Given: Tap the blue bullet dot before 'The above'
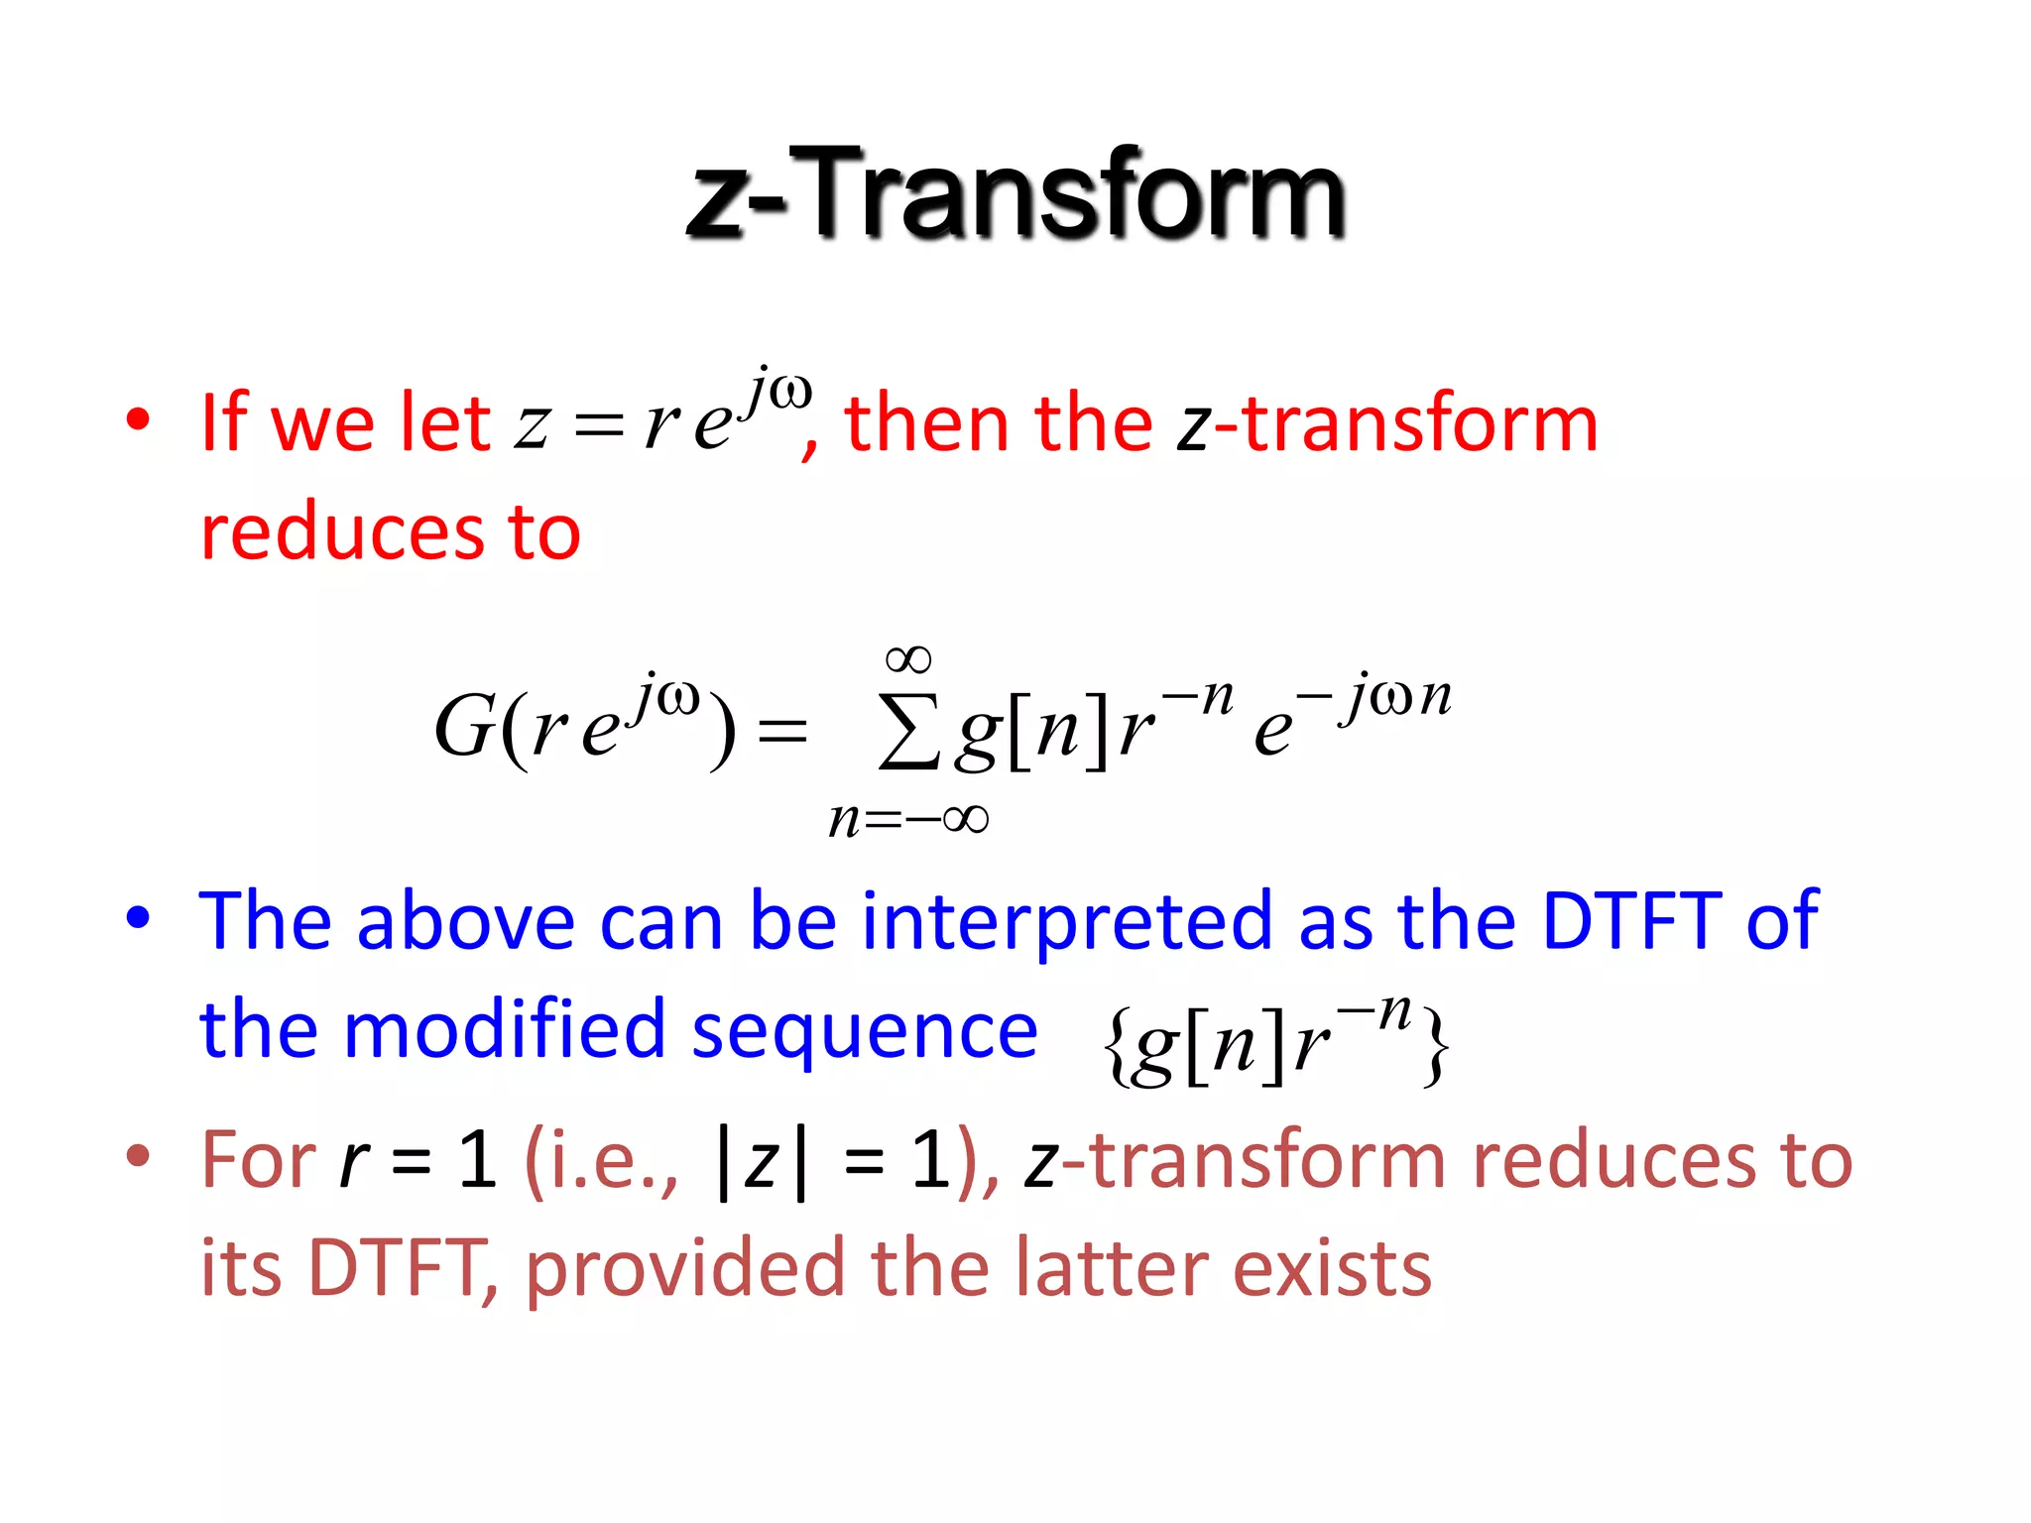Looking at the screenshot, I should [138, 917].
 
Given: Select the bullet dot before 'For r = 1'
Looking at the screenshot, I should [138, 1154].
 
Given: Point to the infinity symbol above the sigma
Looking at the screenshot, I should [908, 659].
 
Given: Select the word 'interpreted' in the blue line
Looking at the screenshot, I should [1066, 921].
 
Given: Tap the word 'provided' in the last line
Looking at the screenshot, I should [684, 1269].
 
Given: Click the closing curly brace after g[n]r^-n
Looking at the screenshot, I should [1435, 1046].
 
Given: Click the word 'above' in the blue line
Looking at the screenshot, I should [465, 921].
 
